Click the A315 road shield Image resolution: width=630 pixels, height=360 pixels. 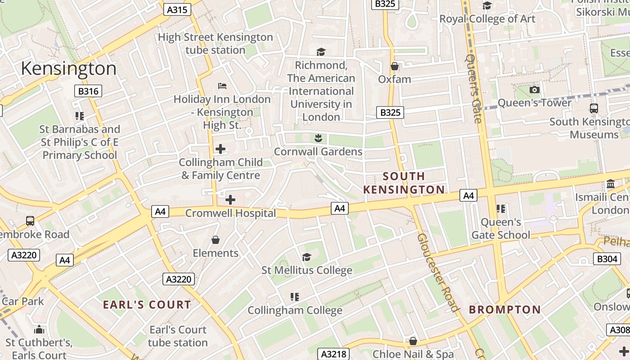tap(177, 9)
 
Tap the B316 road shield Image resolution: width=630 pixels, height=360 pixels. tap(88, 91)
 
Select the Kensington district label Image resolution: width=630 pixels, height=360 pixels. tap(68, 68)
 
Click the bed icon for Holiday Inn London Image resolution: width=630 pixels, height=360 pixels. tap(222, 85)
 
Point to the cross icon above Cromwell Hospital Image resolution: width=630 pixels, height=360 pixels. tap(230, 199)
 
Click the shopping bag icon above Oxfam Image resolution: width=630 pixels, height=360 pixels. tap(395, 66)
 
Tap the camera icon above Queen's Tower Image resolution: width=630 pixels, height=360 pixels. tap(535, 90)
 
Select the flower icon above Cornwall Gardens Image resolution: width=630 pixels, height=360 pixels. tap(318, 138)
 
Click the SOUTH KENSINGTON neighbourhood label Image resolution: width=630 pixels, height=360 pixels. tap(404, 183)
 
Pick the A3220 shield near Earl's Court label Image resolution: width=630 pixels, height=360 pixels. tap(179, 279)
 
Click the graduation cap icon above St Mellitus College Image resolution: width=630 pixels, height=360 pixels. tap(306, 257)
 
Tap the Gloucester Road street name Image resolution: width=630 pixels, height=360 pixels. tap(437, 272)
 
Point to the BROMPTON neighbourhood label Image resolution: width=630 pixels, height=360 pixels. tap(504, 310)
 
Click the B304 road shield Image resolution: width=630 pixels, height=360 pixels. tap(607, 259)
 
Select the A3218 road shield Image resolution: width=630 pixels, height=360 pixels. tap(333, 354)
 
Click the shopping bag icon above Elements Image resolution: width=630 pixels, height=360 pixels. tap(216, 240)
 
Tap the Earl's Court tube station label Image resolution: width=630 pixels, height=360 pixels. tap(178, 336)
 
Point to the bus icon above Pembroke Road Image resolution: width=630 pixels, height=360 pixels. tap(30, 221)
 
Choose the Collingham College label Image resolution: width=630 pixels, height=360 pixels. tap(295, 310)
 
